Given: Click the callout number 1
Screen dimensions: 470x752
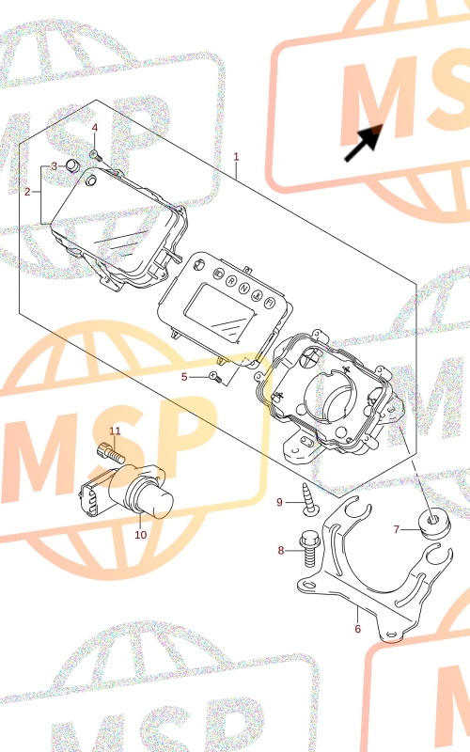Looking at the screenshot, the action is click(x=236, y=157).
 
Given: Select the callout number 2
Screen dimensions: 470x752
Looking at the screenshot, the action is click(x=27, y=192).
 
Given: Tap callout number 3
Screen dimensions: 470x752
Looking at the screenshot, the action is click(x=55, y=166).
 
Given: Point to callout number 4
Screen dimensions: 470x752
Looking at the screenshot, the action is click(x=95, y=128).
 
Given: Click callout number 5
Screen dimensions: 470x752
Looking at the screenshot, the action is click(x=184, y=377).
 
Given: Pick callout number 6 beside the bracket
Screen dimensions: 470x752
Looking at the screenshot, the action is click(x=358, y=628).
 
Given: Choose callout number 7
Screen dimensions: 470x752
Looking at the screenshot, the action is click(x=397, y=529).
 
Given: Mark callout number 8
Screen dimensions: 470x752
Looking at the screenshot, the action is click(x=281, y=550).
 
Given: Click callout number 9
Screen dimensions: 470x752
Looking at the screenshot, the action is click(x=279, y=502).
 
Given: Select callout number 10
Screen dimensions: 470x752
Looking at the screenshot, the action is click(x=140, y=534).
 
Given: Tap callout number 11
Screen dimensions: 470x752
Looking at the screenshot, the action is click(x=115, y=431).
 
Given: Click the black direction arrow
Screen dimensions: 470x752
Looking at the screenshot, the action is click(x=364, y=143).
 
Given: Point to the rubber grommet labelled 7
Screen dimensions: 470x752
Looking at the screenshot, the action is click(x=435, y=524).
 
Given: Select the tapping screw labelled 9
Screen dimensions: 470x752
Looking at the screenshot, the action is click(x=308, y=499).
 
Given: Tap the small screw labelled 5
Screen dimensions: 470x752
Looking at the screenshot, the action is click(x=216, y=378).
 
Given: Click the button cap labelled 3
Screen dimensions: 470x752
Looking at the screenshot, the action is click(x=72, y=165).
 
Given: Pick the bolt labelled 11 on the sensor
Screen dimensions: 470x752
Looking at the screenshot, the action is click(x=111, y=452).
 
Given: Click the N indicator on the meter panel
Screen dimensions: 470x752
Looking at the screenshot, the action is click(x=243, y=288).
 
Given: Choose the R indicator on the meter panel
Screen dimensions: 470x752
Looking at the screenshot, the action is click(x=231, y=280).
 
